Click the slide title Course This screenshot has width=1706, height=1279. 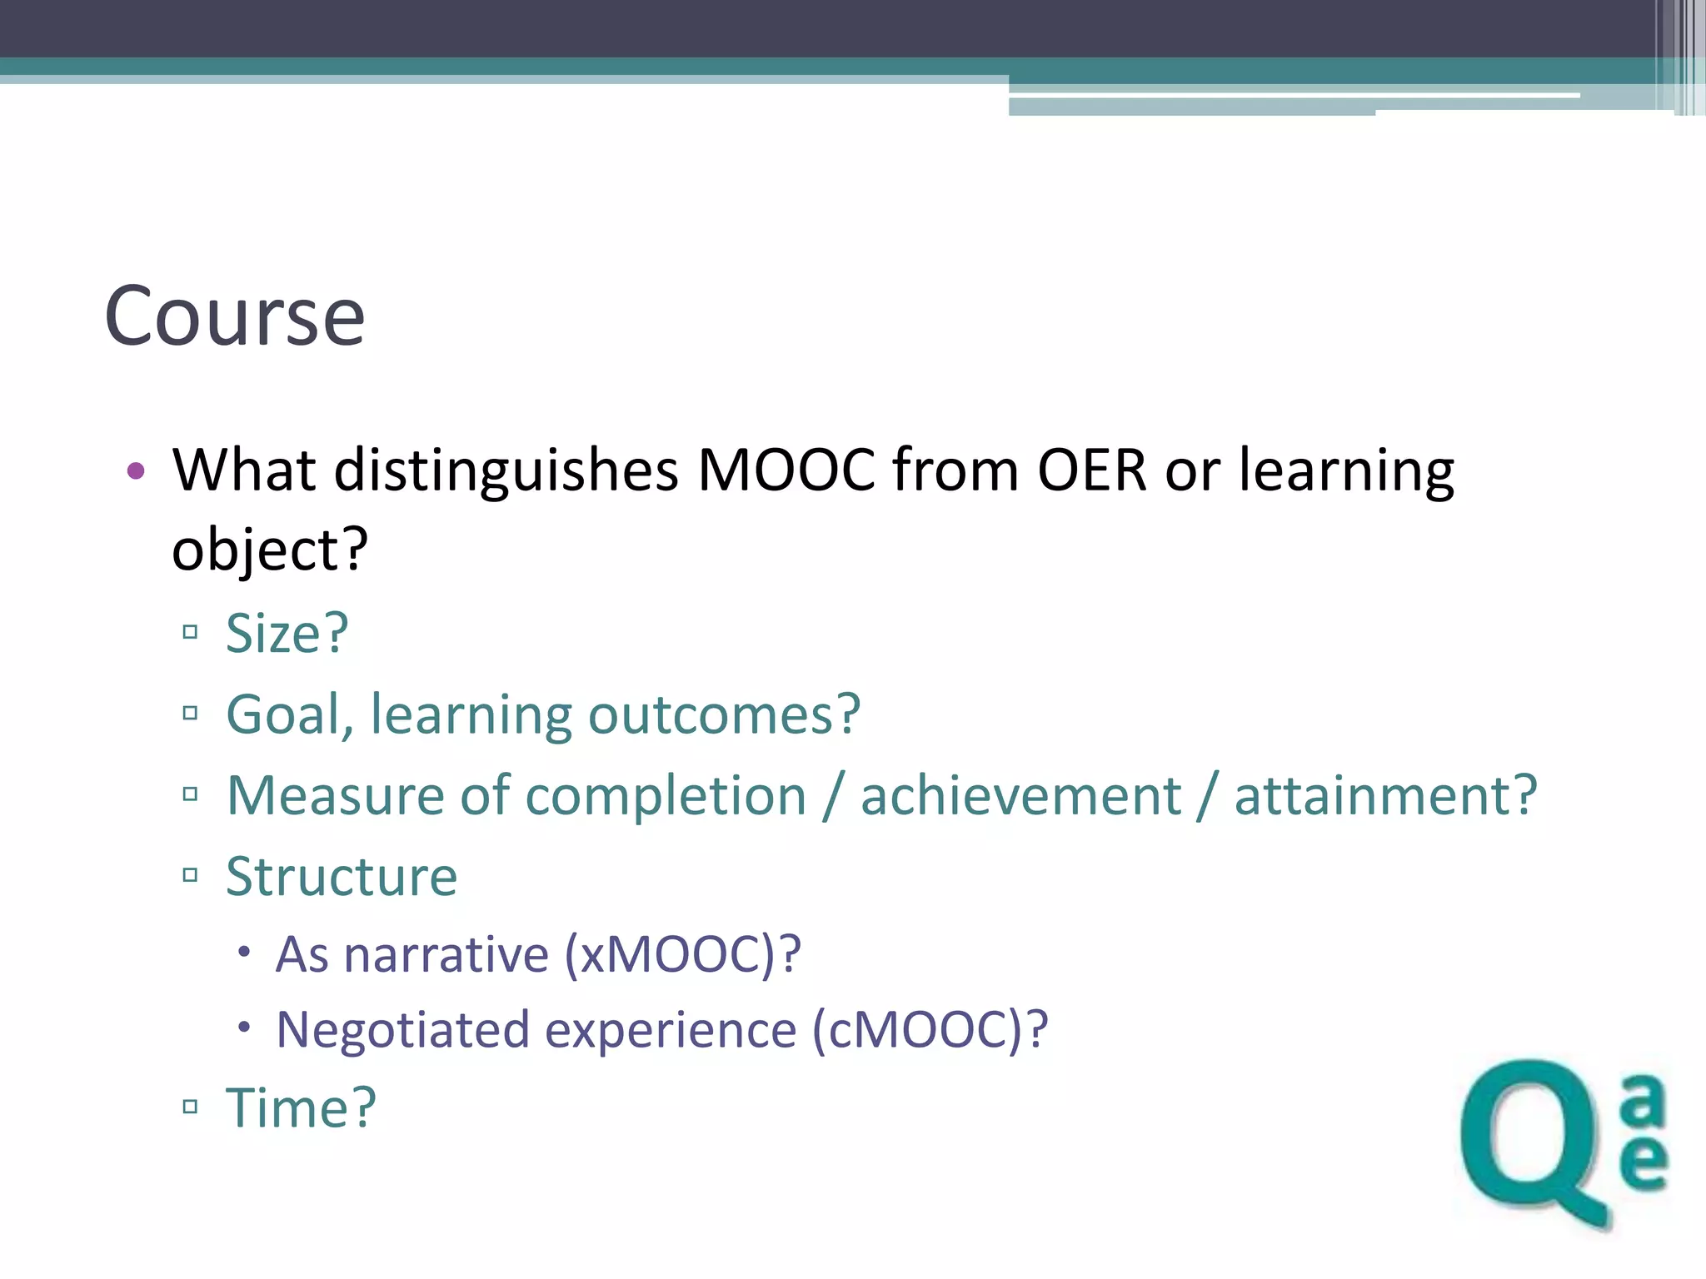pyautogui.click(x=235, y=316)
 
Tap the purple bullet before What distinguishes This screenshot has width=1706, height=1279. pyautogui.click(x=136, y=471)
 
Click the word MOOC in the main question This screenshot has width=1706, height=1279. pyautogui.click(x=786, y=470)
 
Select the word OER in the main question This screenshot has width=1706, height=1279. pyautogui.click(x=1092, y=470)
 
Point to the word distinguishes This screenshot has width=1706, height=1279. pyautogui.click(x=506, y=472)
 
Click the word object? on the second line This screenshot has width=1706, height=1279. pyautogui.click(x=269, y=550)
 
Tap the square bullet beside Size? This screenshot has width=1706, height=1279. pyautogui.click(x=190, y=632)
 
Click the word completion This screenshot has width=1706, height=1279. pyautogui.click(x=666, y=795)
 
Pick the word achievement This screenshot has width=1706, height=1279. pyautogui.click(x=1020, y=795)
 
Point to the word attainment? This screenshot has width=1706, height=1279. pyautogui.click(x=1384, y=795)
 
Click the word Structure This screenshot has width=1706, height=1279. pyautogui.click(x=342, y=877)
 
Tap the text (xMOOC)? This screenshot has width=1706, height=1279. pyautogui.click(x=682, y=954)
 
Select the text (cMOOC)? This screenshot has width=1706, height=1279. pyautogui.click(x=930, y=1030)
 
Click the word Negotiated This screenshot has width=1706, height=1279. pyautogui.click(x=402, y=1030)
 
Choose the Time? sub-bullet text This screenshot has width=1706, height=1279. pyautogui.click(x=301, y=1108)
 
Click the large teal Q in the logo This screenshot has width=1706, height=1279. pyautogui.click(x=1533, y=1141)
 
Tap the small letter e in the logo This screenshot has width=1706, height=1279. pyautogui.click(x=1644, y=1162)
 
